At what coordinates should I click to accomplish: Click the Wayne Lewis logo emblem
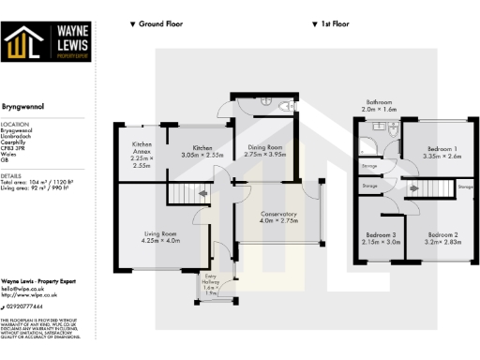tap(23, 44)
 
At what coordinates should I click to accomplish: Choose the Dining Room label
tap(263, 149)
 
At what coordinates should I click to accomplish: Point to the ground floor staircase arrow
tap(204, 194)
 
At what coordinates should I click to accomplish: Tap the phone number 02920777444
tap(29, 306)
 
